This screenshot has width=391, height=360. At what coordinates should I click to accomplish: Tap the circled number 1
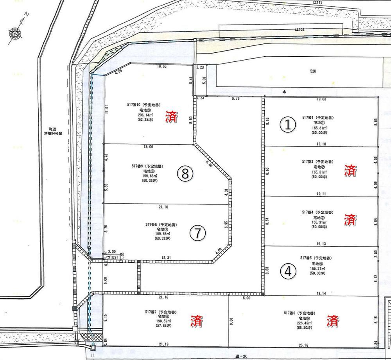(x=288, y=125)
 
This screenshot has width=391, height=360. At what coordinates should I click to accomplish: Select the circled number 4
(x=288, y=271)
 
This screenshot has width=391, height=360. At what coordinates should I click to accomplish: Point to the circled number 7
(x=197, y=233)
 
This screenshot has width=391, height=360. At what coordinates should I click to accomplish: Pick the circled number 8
(x=185, y=174)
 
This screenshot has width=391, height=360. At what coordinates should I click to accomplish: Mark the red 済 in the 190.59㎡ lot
(x=196, y=321)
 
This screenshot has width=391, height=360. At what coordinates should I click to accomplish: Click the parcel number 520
(x=313, y=72)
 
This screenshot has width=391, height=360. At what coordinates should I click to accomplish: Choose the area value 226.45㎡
(x=300, y=323)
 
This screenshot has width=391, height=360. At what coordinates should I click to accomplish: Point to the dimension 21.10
(x=164, y=207)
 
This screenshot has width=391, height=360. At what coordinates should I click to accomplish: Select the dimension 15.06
(x=148, y=147)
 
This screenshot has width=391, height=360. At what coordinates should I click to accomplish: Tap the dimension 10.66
(x=161, y=66)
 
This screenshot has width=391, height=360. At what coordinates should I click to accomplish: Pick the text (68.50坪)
(x=300, y=328)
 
